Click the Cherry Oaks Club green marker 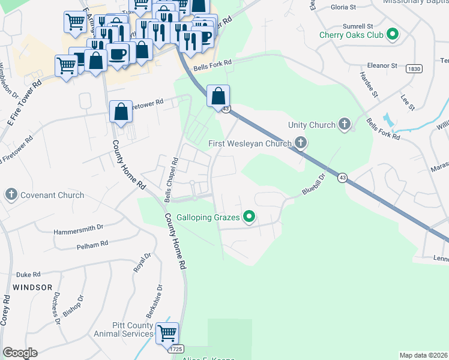click(x=393, y=34)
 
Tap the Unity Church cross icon click(x=344, y=125)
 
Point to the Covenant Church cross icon click(x=11, y=194)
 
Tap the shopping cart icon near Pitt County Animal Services click(x=167, y=332)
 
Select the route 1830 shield click(x=413, y=69)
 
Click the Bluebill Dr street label click(x=313, y=185)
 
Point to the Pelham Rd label click(x=92, y=245)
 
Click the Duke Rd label click(x=28, y=272)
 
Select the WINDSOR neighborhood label click(x=27, y=287)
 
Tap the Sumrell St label click(x=358, y=27)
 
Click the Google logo click(x=20, y=353)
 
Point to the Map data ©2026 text click(x=423, y=355)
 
